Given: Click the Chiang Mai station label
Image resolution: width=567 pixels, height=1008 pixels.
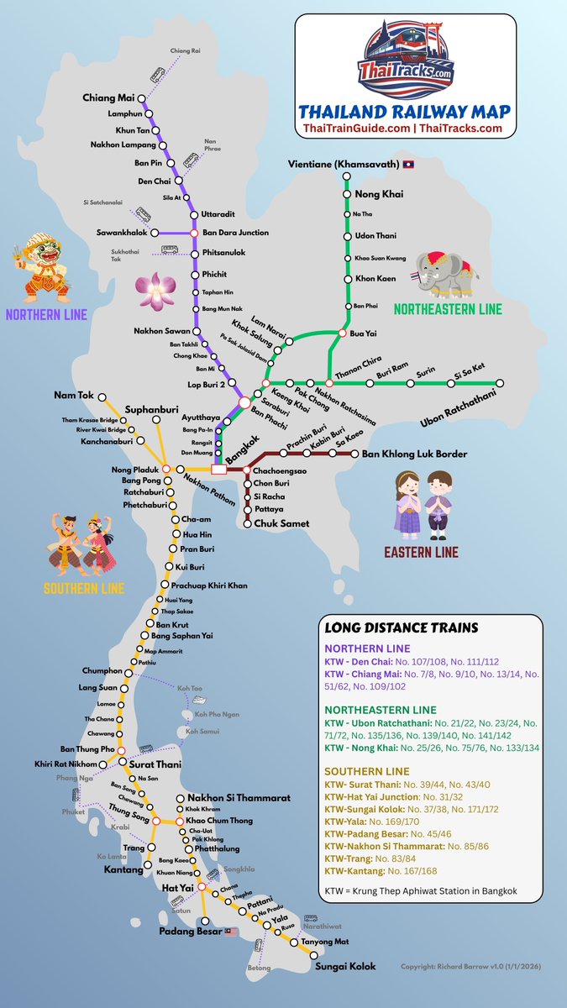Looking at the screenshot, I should (x=108, y=97).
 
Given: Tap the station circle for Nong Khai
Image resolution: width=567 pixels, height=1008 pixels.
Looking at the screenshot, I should (x=346, y=195).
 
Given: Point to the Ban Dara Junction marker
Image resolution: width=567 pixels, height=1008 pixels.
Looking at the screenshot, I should (x=194, y=233).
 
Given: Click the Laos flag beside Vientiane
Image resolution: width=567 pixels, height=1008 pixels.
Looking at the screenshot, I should (x=409, y=164).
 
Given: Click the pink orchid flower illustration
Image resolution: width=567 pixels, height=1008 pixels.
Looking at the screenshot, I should (x=155, y=290).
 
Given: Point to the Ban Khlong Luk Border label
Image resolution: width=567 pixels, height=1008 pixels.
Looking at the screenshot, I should (x=413, y=454).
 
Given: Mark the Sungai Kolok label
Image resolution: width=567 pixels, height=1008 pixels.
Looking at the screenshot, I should (x=345, y=967).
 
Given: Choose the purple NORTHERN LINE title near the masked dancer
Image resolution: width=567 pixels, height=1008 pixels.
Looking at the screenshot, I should (x=46, y=316).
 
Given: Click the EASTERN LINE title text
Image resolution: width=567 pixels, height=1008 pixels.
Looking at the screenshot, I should (x=421, y=552).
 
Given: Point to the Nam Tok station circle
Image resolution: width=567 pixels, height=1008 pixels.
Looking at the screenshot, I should (x=102, y=396).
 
